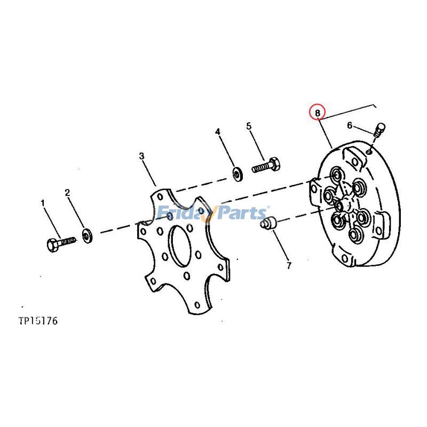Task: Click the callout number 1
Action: pos(43,203)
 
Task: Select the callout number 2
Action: pos(68,192)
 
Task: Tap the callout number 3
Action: pos(141,156)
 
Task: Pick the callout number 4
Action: pos(218,131)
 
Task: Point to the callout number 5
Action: pos(249,126)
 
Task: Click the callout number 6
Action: pos(350,125)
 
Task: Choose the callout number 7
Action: pos(289,265)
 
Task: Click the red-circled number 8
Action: pos(318,113)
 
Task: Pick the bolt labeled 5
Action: pos(265,165)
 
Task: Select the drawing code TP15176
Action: pos(37,321)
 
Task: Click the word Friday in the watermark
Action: pos(184,214)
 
